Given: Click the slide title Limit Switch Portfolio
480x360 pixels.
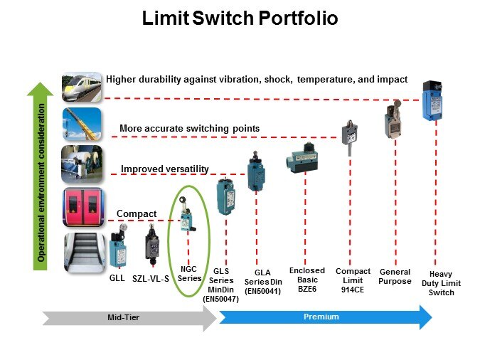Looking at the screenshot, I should [x=240, y=18].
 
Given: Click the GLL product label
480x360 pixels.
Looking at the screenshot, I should [x=117, y=278].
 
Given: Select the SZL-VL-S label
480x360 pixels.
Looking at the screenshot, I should [x=151, y=278].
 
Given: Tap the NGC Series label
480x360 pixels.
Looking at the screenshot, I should [x=189, y=274].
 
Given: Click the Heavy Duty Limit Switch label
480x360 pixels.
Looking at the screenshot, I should [x=441, y=283].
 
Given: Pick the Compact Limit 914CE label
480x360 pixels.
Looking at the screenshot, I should [x=353, y=280].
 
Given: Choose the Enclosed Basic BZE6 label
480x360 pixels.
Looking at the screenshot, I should [x=306, y=280].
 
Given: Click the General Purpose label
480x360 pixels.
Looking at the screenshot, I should [x=395, y=276].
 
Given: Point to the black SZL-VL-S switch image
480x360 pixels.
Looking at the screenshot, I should [x=152, y=245].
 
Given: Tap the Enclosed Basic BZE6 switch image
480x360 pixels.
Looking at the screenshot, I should [x=304, y=157].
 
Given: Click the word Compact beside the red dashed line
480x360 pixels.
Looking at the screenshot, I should [x=137, y=213].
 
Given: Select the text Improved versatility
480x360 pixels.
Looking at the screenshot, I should [x=164, y=169].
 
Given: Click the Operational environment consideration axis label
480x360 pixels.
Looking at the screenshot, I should [x=42, y=183].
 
